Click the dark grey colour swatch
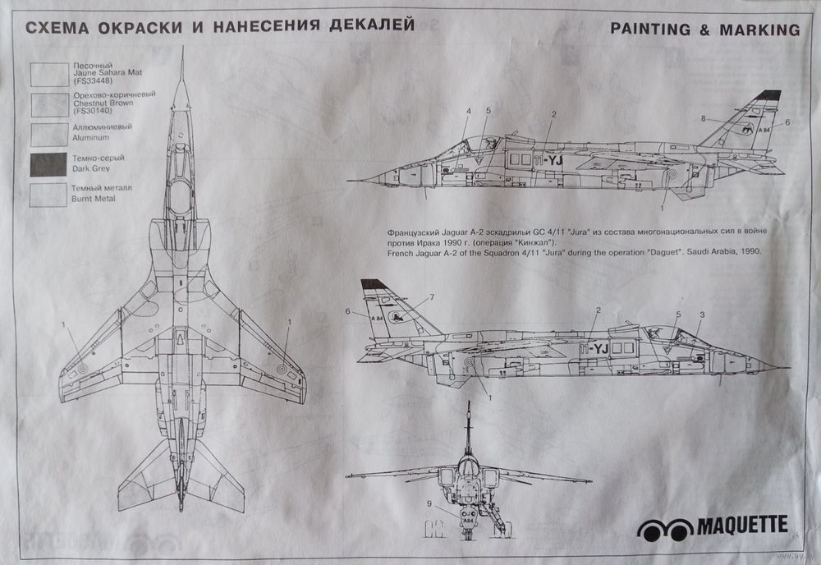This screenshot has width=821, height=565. tap(48, 165)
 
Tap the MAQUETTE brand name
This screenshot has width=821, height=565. tap(743, 524)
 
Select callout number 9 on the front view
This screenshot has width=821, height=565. tap(429, 503)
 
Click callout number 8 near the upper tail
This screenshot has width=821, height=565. tap(704, 119)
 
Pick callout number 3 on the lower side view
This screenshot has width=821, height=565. tap(702, 315)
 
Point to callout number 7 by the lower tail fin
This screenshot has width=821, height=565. tap(433, 296)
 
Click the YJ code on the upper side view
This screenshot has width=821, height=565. tap(552, 160)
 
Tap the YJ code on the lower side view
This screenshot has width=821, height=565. tap(596, 349)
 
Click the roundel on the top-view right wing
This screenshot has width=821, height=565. tap(282, 367)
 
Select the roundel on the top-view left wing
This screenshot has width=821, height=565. tap(82, 368)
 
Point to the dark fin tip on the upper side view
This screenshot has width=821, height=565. tap(768, 95)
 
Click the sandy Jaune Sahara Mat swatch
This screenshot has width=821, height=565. tap(48, 74)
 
